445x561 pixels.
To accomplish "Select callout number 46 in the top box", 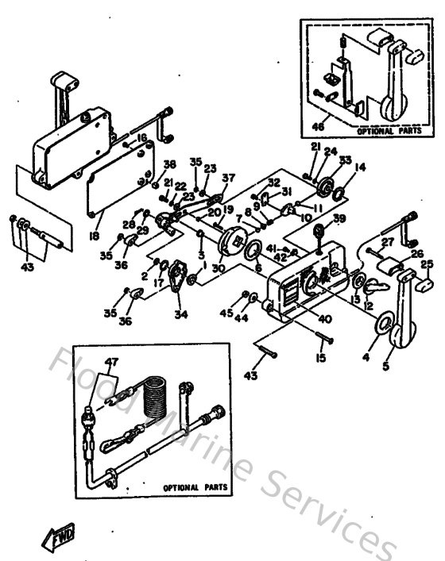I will (319, 125).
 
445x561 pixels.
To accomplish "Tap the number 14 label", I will (360, 167).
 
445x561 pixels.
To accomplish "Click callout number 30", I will (219, 267).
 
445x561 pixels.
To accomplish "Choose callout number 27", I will (387, 241).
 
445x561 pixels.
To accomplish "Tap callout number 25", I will (426, 264).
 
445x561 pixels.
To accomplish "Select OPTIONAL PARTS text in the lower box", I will (194, 488).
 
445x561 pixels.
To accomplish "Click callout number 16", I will (141, 137).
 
